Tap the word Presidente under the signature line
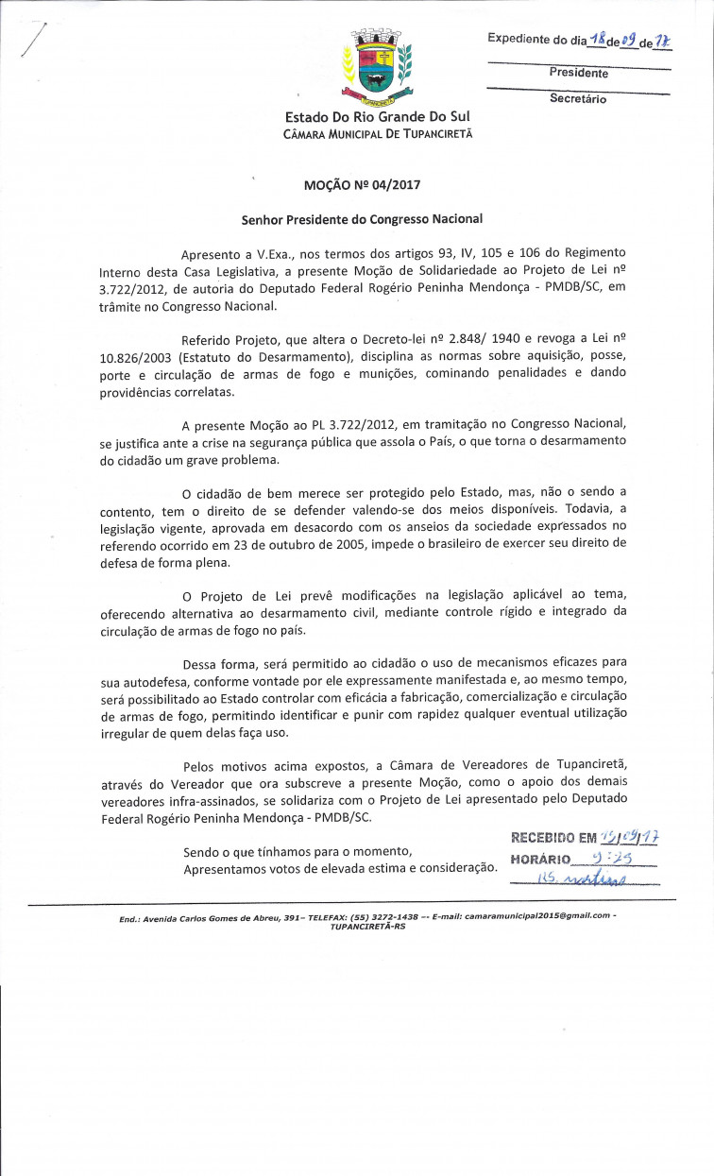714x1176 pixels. [578, 73]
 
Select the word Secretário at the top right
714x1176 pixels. [578, 98]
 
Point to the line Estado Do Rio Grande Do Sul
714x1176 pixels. [377, 116]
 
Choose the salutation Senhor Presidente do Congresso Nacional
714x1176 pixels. [362, 219]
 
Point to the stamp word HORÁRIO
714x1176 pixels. [540, 859]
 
